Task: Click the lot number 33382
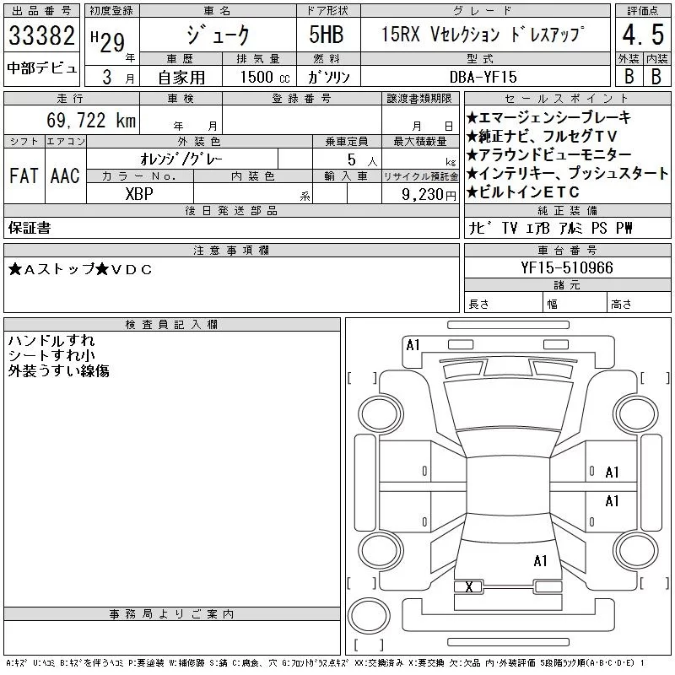coord(41,35)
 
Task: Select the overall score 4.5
coord(643,35)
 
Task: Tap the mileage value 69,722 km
coord(91,120)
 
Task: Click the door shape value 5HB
coord(327,35)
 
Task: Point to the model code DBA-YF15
coord(483,77)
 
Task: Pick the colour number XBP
coord(139,194)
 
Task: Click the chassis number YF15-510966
coord(566,267)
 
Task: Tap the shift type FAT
coord(24,175)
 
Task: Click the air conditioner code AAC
coord(65,175)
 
